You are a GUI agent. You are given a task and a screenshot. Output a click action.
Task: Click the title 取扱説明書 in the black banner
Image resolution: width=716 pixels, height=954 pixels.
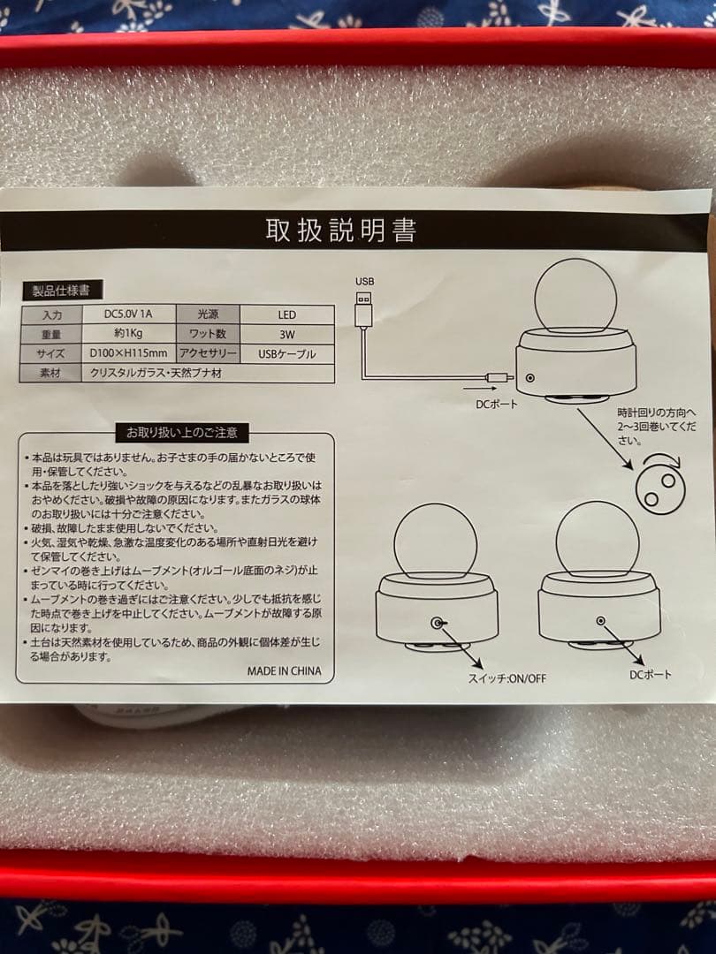point(341,230)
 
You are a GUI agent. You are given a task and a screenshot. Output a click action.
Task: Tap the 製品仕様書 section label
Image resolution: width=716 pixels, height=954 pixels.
point(61,291)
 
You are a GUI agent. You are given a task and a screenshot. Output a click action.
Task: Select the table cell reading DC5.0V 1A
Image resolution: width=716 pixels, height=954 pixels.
point(128,314)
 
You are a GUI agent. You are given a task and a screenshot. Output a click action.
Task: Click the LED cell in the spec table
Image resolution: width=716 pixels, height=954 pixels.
point(286,314)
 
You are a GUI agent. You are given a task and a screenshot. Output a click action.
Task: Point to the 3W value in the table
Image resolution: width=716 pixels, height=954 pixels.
point(286,334)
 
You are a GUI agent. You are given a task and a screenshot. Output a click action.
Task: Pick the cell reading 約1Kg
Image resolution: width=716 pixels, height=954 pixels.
point(128,333)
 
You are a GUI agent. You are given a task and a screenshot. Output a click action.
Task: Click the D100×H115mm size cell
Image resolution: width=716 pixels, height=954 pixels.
point(128,352)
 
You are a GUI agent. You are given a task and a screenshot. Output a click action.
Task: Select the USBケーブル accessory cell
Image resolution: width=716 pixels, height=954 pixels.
point(286,353)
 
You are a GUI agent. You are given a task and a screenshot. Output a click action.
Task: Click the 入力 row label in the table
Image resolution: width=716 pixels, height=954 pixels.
point(52,315)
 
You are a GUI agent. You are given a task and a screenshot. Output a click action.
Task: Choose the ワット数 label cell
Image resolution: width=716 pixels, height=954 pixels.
point(208,334)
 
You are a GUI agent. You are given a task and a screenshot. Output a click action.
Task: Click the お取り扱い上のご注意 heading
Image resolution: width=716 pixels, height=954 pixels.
point(182,433)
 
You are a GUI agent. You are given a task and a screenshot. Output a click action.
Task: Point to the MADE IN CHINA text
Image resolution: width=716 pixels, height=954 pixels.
point(284,671)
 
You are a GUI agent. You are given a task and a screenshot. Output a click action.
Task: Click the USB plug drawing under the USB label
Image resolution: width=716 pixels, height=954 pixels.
point(363,309)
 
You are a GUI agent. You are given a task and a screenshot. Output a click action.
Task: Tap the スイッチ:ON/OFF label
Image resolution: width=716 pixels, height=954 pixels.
point(507,678)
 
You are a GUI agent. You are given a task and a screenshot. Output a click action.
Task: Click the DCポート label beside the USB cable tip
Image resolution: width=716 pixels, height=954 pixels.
point(496,404)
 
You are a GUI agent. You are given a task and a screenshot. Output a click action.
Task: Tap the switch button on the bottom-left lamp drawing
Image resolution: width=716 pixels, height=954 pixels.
point(438,623)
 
